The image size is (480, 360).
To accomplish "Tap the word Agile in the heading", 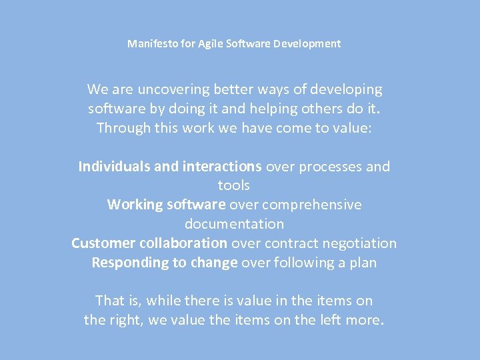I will [x=211, y=44].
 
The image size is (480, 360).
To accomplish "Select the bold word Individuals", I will [x=114, y=167].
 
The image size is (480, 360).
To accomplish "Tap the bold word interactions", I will [x=222, y=167].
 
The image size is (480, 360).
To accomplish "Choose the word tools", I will [x=234, y=185].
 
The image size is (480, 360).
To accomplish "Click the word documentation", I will [x=234, y=224].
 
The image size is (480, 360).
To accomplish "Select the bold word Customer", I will [x=103, y=243].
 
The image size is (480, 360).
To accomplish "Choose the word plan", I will [x=362, y=263].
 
